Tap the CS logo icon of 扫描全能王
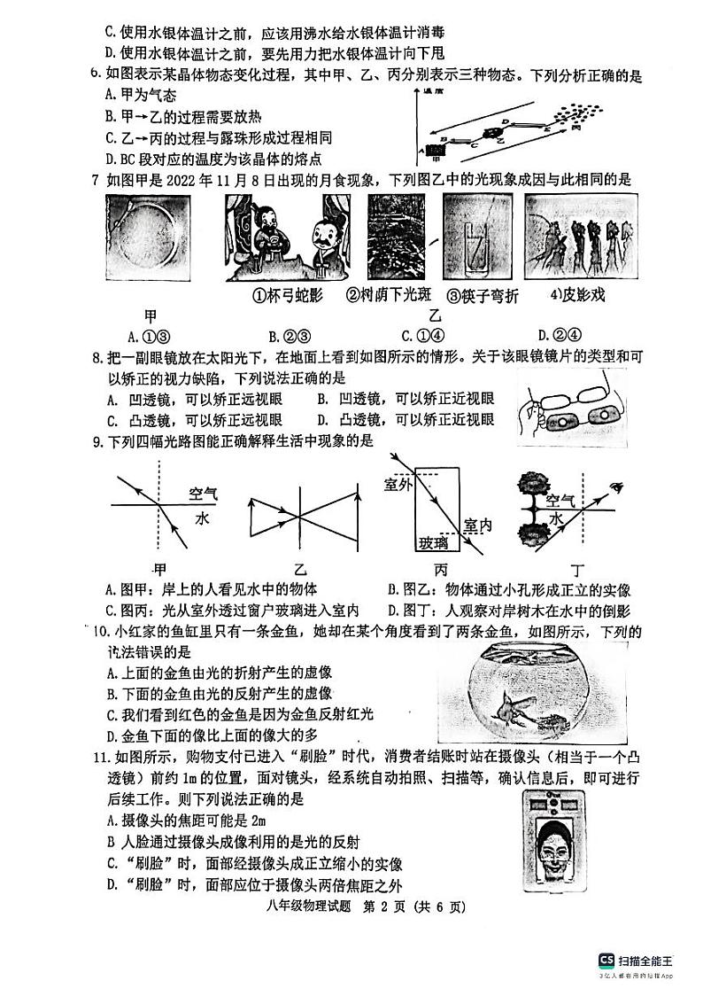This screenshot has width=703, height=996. pyautogui.click(x=606, y=960)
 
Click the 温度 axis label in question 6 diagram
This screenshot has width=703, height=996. pyautogui.click(x=434, y=92)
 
